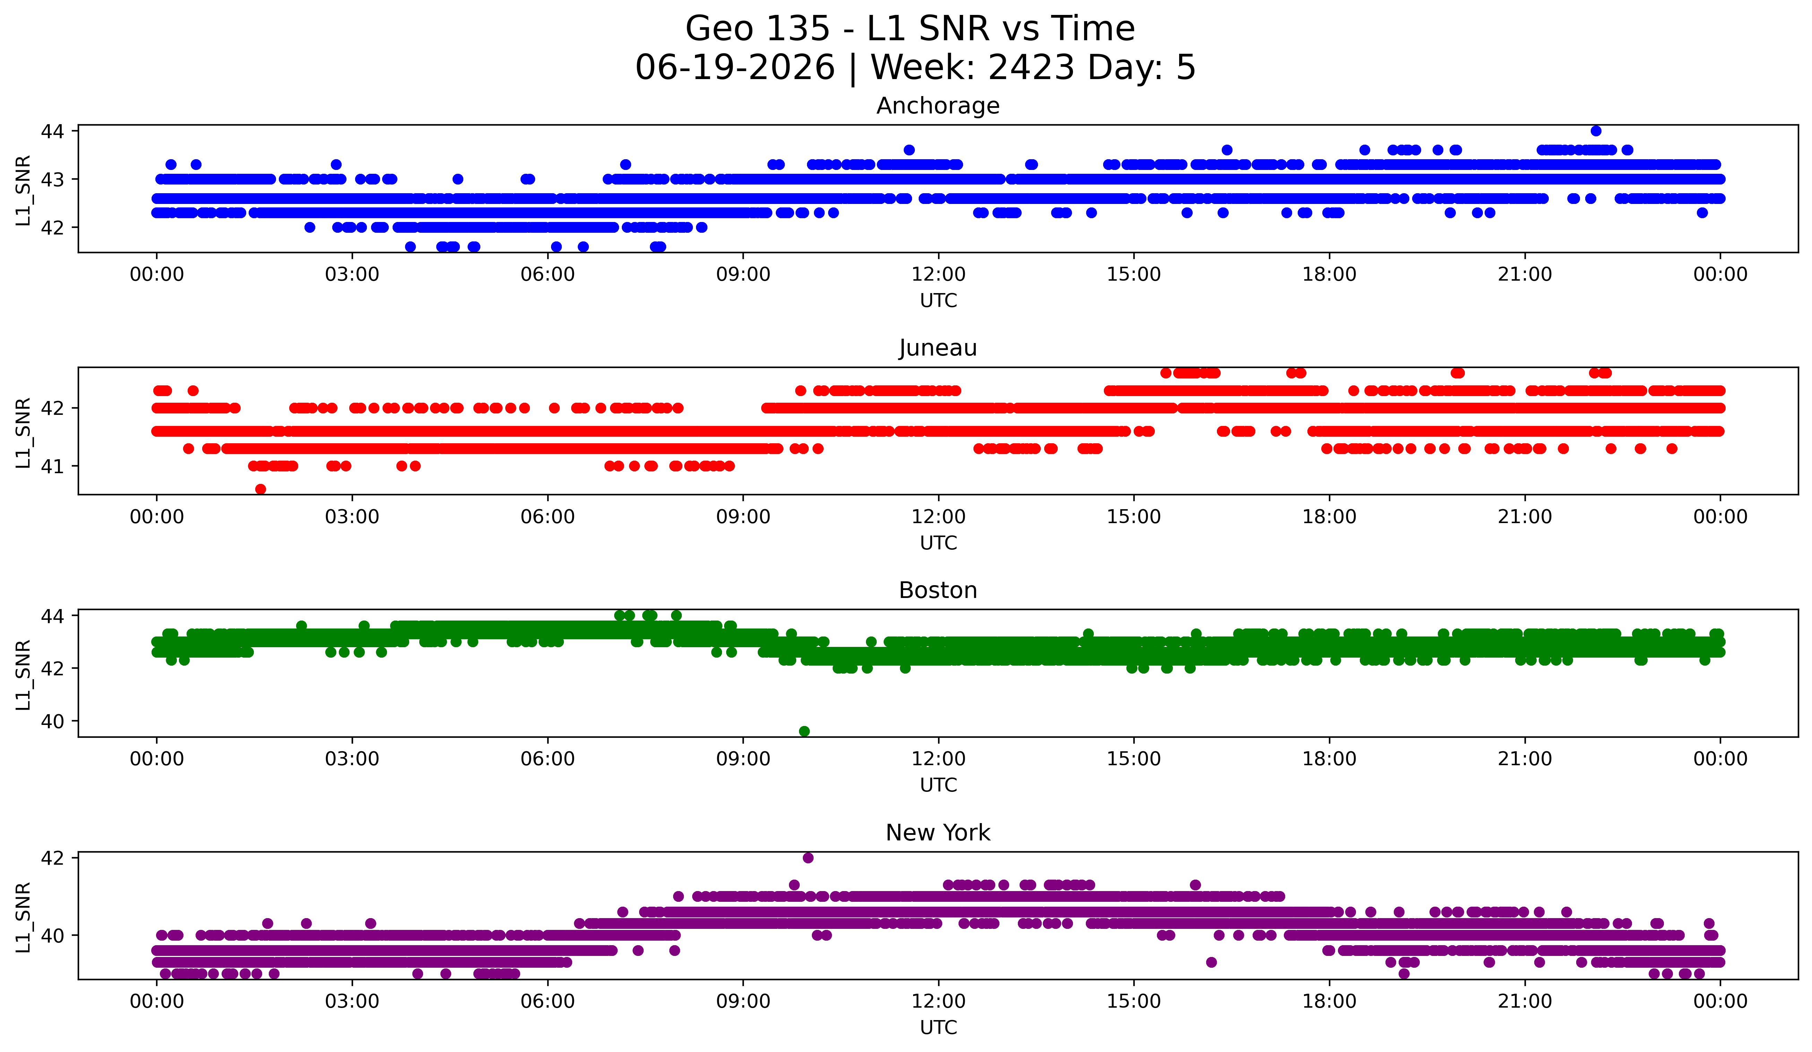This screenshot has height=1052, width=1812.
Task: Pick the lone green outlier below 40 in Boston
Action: pyautogui.click(x=805, y=731)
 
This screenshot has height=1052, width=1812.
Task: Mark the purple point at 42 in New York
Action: pyautogui.click(x=808, y=858)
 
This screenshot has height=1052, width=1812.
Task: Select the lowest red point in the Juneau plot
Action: pyautogui.click(x=260, y=489)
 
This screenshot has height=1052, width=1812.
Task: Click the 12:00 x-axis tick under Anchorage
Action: pyautogui.click(x=938, y=275)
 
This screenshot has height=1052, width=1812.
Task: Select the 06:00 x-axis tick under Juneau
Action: pyautogui.click(x=548, y=517)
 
